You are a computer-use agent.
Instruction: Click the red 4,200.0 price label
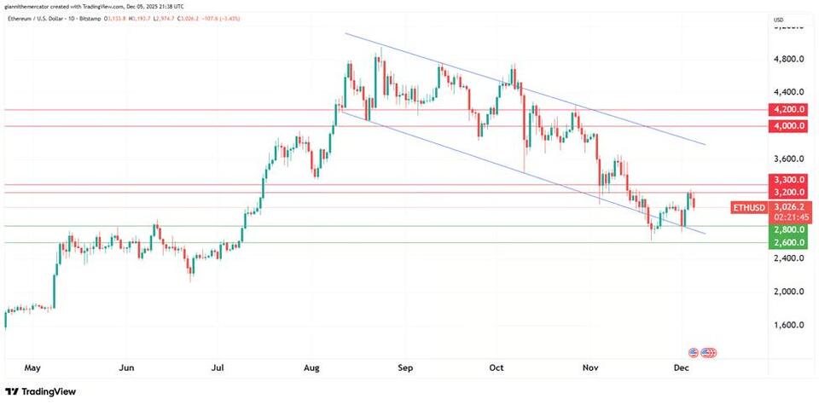[x=789, y=109]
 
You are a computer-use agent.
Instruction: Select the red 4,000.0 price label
[x=789, y=126]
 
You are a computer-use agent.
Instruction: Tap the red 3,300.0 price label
[x=789, y=180]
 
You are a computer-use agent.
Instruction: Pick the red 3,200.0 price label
[x=789, y=193]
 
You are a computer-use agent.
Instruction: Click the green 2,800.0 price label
[x=789, y=230]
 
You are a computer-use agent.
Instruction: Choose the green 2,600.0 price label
[x=789, y=243]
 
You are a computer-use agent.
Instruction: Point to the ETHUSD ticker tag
[x=749, y=207]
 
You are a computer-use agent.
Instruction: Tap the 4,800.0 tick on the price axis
[x=789, y=59]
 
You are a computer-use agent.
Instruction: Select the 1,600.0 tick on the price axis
[x=789, y=325]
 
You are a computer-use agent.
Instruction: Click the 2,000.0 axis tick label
[x=789, y=292]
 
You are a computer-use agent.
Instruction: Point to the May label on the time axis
[x=33, y=368]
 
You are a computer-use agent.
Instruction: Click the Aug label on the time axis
[x=311, y=368]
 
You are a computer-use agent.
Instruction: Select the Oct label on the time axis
[x=497, y=368]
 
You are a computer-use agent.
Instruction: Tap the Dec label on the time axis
[x=681, y=368]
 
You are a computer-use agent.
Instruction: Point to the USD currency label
[x=778, y=20]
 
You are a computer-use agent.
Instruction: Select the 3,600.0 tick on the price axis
[x=789, y=159]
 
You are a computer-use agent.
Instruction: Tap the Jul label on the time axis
[x=218, y=368]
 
